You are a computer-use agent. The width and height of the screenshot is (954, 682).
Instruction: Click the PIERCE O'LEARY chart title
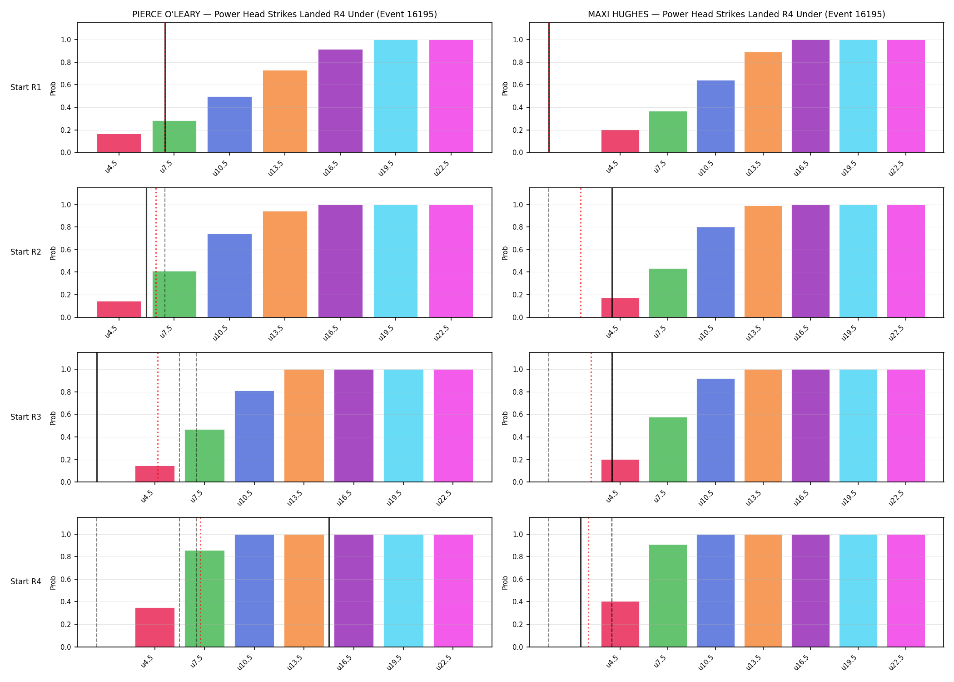pos(284,14)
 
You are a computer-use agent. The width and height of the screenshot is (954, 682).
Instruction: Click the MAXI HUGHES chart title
pos(736,14)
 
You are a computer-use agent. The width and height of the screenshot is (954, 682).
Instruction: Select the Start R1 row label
pos(26,87)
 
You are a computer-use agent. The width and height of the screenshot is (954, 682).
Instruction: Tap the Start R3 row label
pos(26,417)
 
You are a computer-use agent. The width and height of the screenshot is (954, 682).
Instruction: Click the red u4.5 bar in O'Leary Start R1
pos(119,143)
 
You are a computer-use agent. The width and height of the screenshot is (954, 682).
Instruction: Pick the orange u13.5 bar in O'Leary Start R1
pos(285,111)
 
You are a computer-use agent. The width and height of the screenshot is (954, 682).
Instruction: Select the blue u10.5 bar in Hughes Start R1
pos(715,116)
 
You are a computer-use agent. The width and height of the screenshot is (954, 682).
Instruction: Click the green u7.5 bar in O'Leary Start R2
pos(174,294)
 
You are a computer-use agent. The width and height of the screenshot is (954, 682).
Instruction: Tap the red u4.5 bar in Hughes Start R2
pos(620,308)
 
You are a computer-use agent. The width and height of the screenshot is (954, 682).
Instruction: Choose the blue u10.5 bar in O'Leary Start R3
pos(254,436)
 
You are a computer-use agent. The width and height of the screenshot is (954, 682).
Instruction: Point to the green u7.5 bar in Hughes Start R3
pos(668,450)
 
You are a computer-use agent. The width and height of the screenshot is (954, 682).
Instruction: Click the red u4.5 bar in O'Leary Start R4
pos(155,627)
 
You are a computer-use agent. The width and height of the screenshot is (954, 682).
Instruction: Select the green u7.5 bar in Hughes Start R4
pos(668,596)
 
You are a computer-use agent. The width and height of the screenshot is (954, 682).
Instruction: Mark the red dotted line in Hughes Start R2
pos(581,252)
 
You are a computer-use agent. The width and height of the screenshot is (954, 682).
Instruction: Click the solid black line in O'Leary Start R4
pos(329,582)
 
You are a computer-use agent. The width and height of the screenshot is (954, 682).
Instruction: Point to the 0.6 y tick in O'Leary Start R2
pos(66,250)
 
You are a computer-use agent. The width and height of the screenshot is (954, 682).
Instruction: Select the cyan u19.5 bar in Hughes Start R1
pos(858,96)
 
